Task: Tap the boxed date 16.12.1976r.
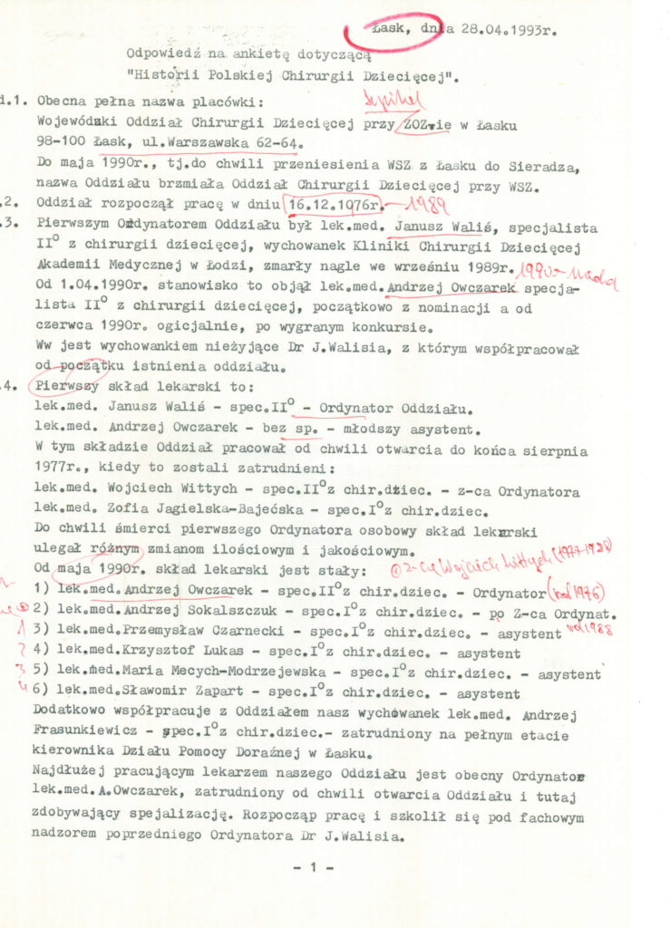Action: (x=329, y=205)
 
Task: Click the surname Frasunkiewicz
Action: (x=86, y=735)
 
